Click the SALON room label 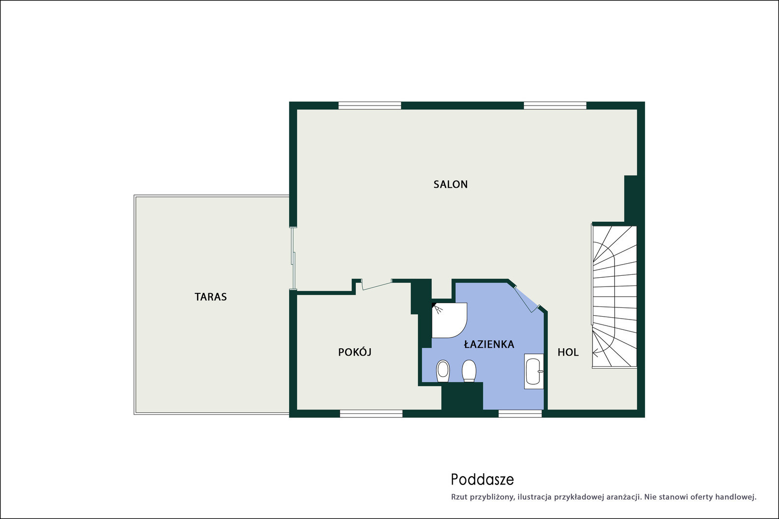(450, 184)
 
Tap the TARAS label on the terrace (210, 297)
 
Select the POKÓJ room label (355, 352)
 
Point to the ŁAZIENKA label (489, 344)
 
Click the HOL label (568, 352)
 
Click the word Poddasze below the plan (482, 480)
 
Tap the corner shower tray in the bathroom (449, 320)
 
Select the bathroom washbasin (534, 371)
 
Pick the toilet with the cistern (469, 371)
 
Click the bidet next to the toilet (443, 371)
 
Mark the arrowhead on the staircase (595, 352)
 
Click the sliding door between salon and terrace (293, 258)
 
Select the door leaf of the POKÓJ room (377, 285)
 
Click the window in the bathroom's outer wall (520, 413)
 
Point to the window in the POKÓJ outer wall (371, 413)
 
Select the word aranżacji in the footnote (624, 498)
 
